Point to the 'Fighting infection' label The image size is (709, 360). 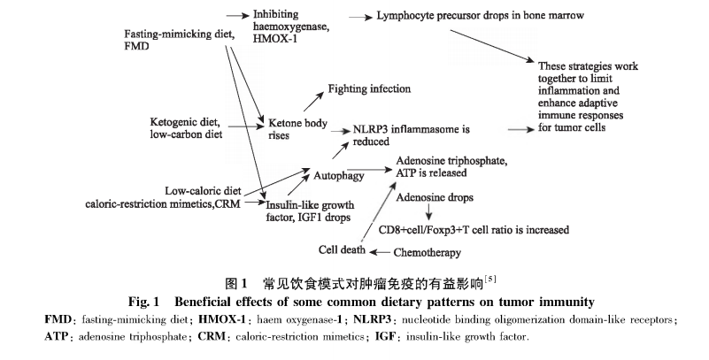click(x=369, y=89)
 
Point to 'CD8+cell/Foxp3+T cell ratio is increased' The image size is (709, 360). click(x=473, y=229)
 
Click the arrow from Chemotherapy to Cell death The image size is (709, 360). click(x=378, y=251)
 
